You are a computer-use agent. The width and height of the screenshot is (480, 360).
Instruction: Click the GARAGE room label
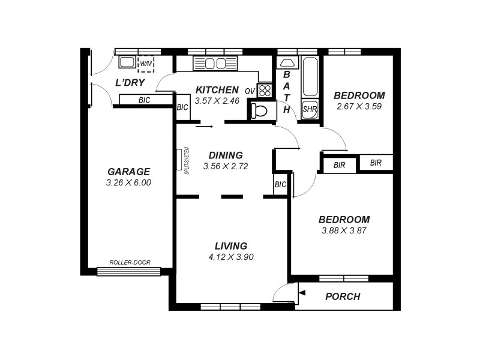point(129,171)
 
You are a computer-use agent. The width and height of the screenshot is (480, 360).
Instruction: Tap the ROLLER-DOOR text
point(130,262)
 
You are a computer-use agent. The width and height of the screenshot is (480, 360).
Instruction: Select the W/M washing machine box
point(146,63)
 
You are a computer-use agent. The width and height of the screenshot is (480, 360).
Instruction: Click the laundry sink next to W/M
point(127,62)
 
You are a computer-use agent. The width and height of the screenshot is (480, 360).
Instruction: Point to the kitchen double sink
point(215,64)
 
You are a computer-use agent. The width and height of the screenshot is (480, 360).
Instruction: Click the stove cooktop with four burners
point(265,91)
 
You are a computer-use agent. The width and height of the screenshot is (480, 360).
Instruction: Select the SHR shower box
point(309,109)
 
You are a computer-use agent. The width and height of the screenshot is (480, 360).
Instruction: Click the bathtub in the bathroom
point(310,77)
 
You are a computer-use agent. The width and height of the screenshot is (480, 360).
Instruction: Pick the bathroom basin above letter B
point(287,62)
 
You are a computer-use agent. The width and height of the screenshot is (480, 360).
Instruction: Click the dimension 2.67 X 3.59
point(359,106)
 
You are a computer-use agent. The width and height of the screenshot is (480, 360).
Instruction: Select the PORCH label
point(343,296)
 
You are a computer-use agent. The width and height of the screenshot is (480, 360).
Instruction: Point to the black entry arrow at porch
point(302,293)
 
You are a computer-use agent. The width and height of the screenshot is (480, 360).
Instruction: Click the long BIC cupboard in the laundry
point(145,100)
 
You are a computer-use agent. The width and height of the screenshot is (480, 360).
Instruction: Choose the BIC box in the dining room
point(280,185)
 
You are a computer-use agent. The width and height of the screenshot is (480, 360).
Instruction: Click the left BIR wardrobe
point(339,164)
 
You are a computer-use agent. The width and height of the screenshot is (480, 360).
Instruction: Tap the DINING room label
point(226,155)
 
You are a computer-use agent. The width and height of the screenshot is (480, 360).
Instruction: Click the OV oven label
point(250,91)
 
